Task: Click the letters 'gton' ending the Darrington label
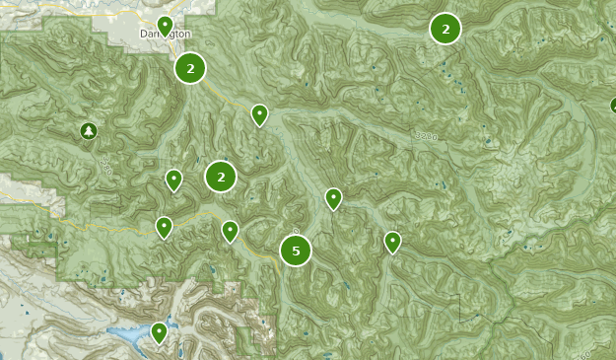(180, 33)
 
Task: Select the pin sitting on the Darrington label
(166, 25)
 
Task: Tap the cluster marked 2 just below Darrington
(190, 68)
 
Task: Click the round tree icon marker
(89, 130)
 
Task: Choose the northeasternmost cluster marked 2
(445, 29)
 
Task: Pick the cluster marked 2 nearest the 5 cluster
(221, 177)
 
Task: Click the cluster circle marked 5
(296, 251)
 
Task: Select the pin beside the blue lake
(160, 332)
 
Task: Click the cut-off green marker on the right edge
(612, 106)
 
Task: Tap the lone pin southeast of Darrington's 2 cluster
(259, 114)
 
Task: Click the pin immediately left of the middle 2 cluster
(173, 179)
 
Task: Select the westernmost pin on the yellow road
(165, 227)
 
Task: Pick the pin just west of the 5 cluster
(230, 231)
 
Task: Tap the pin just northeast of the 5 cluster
(334, 198)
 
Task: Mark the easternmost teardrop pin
(393, 241)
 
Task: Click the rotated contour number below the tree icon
(104, 170)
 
